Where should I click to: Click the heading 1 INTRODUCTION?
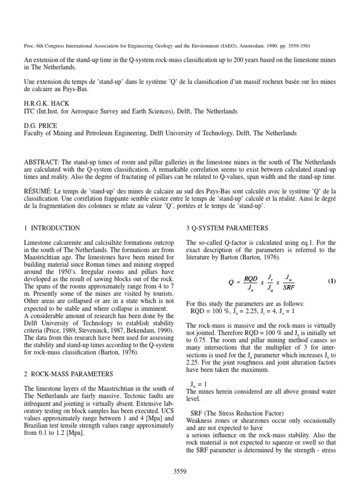tap(52, 228)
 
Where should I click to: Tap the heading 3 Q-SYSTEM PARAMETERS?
tap(227, 228)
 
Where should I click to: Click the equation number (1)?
tap(331, 281)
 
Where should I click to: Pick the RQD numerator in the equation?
tap(251, 278)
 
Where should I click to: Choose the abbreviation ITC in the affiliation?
tap(30, 112)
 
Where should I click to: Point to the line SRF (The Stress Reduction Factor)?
tap(237, 413)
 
